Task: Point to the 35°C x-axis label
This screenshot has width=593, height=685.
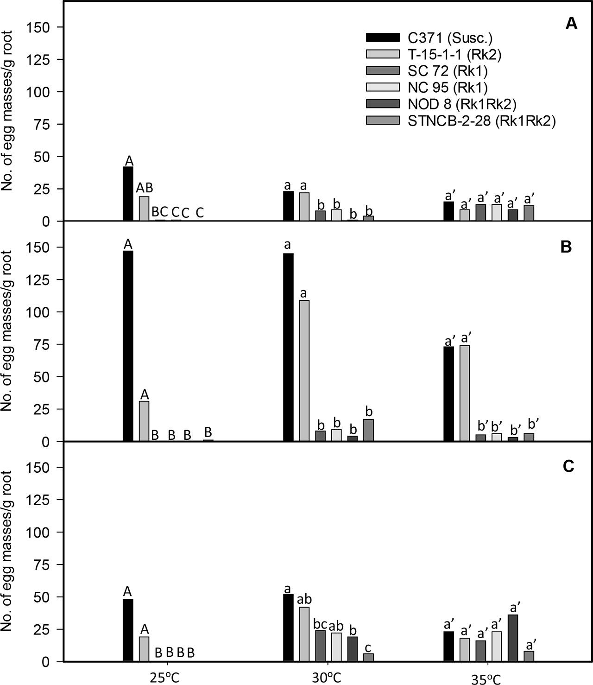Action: pyautogui.click(x=487, y=678)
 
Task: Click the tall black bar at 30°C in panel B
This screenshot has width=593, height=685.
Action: pyautogui.click(x=288, y=347)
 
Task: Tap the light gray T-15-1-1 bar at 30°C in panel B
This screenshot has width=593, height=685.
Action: pyautogui.click(x=304, y=371)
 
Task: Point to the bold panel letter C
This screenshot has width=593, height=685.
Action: pyautogui.click(x=568, y=466)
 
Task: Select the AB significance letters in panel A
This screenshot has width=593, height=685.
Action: pyautogui.click(x=144, y=188)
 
